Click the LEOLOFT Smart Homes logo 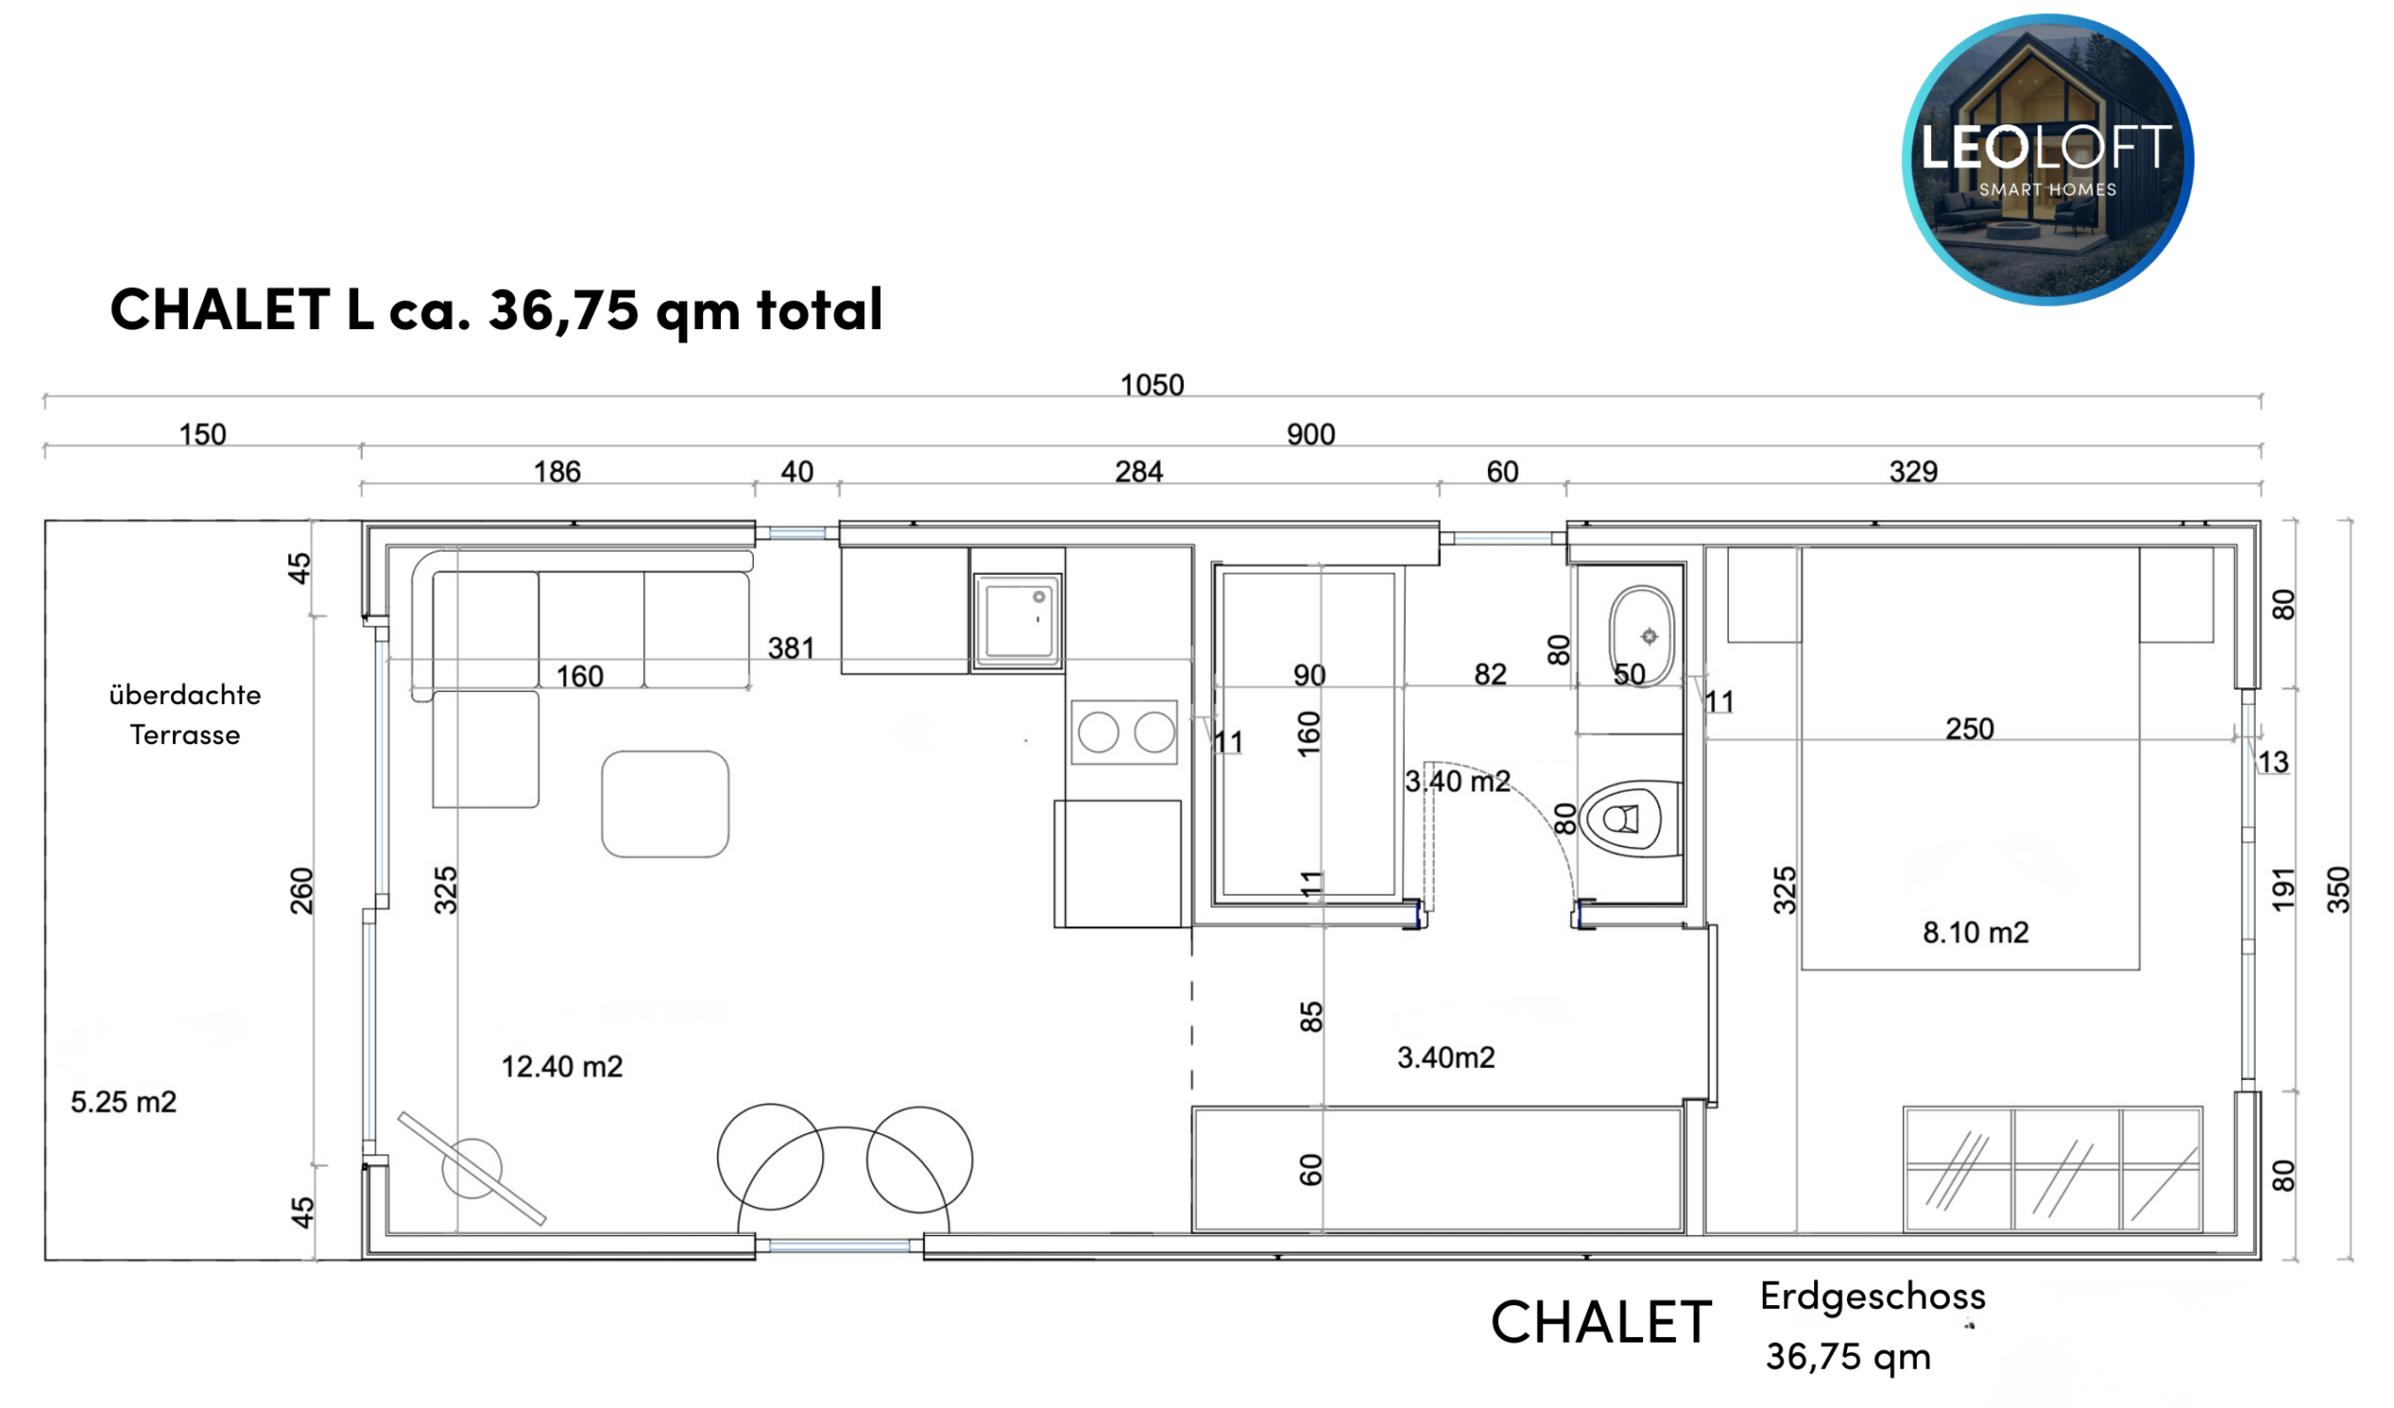point(2047,160)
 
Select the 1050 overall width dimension point(1151,385)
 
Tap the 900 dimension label point(1310,434)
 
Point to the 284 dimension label point(1138,471)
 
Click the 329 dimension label point(1912,471)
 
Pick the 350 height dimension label point(2338,889)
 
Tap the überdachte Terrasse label point(185,714)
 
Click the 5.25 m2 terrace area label point(123,1102)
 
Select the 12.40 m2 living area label point(561,1067)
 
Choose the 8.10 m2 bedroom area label point(1975,932)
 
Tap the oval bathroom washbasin point(1642,636)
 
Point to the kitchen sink point(1017,622)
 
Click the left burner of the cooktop point(1098,732)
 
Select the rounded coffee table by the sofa point(665,804)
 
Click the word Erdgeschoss point(1872,1297)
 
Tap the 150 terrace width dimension point(202,434)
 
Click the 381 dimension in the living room point(790,648)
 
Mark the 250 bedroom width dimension point(1969,728)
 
